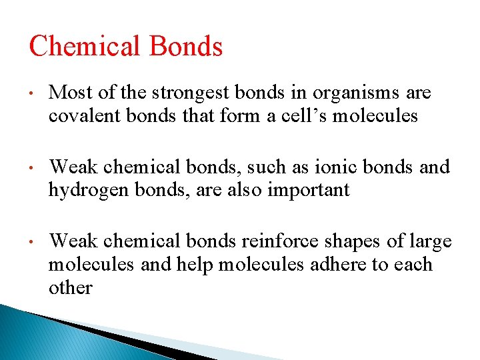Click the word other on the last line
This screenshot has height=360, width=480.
coord(70,287)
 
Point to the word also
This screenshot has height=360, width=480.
coord(245,190)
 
